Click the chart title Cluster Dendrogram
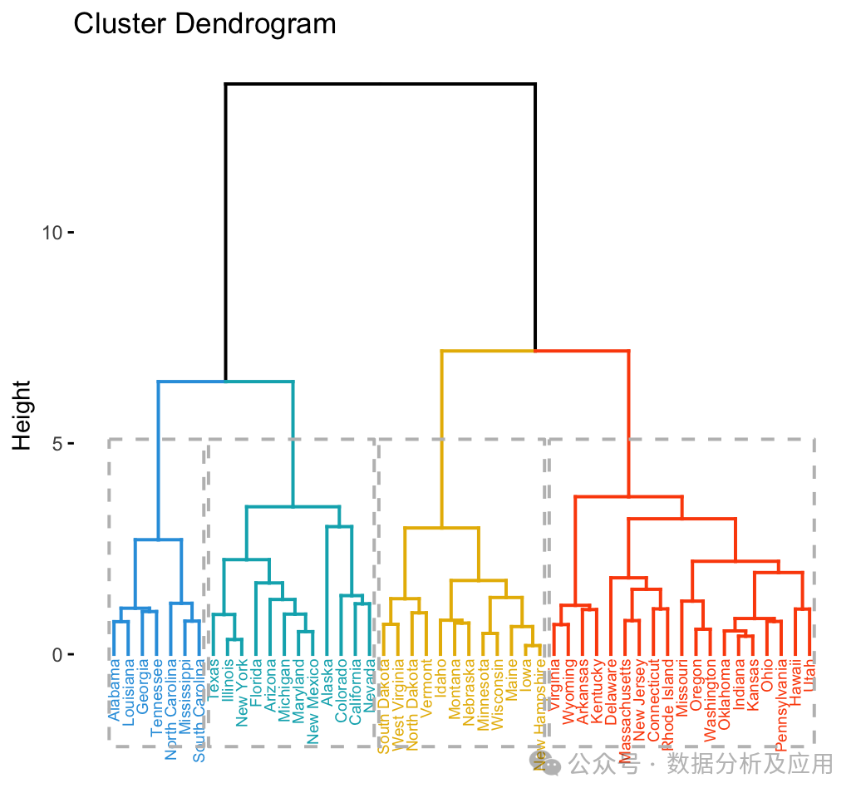pos(204,24)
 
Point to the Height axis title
pos(22,415)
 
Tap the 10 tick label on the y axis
pos(52,233)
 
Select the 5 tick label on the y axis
pos(57,444)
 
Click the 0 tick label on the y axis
pos(57,655)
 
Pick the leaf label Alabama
pos(115,689)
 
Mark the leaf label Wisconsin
pos(497,695)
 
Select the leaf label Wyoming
pos(568,689)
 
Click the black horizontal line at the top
pos(380,84)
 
